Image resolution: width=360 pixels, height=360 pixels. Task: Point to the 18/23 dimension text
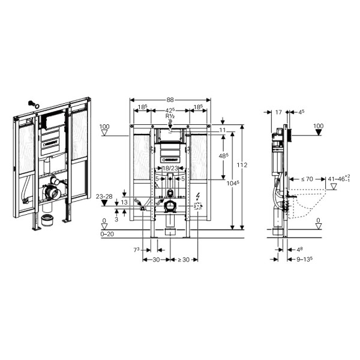[170, 169]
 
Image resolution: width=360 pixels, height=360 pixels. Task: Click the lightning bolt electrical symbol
[199, 196]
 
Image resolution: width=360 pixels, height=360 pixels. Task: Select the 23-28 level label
[104, 196]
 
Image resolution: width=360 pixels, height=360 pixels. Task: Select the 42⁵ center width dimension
[170, 110]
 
